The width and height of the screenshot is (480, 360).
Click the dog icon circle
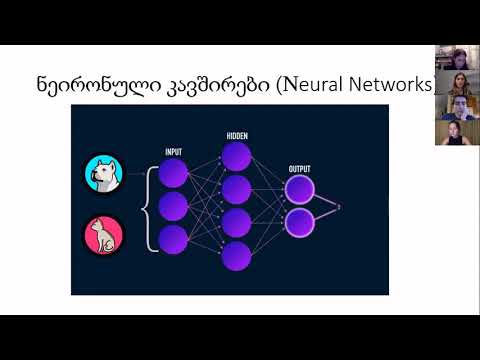click(x=102, y=174)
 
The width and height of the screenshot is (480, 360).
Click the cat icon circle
click(x=102, y=236)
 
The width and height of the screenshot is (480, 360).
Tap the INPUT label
click(x=173, y=153)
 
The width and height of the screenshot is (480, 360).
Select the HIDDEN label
click(x=236, y=133)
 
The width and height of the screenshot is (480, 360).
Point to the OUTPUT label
click(x=299, y=168)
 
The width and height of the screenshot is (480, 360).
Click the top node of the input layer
click(x=173, y=174)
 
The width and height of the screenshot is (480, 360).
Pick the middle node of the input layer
click(x=173, y=206)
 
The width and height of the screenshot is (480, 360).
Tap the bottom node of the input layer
click(x=173, y=238)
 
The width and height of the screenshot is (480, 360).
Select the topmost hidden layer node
click(x=237, y=156)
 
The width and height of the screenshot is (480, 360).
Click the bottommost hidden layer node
click(x=237, y=255)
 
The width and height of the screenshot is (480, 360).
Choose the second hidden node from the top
click(x=237, y=189)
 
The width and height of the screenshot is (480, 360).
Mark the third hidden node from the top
click(x=237, y=222)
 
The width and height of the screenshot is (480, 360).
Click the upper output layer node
click(x=299, y=189)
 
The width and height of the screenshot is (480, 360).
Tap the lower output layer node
click(x=299, y=221)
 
